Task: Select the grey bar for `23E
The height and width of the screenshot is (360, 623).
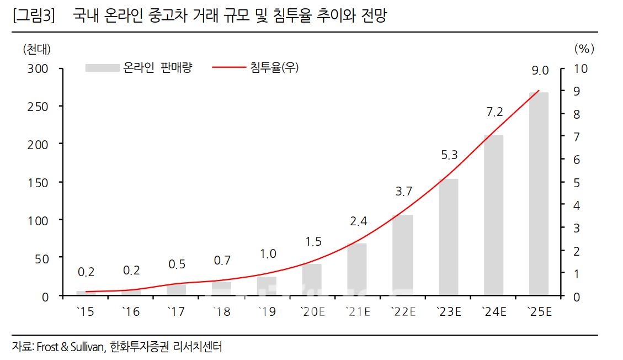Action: [448, 237]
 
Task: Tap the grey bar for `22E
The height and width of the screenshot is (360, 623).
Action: [403, 255]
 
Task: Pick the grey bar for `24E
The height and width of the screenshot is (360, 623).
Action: [493, 215]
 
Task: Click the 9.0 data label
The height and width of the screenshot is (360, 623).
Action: [540, 70]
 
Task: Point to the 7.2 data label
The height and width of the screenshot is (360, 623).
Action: [494, 112]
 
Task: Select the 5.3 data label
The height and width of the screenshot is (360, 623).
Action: [449, 155]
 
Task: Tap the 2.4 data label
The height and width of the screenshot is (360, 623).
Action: [359, 221]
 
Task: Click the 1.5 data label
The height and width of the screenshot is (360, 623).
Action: [313, 241]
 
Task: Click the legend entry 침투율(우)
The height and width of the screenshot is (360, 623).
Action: [274, 67]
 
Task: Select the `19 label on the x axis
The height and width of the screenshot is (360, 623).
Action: [267, 312]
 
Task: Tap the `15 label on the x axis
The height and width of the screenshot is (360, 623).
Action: [86, 312]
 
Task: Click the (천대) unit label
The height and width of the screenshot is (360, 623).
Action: [36, 49]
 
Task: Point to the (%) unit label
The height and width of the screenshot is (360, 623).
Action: [584, 49]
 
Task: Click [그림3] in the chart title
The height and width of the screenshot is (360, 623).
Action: [33, 17]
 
